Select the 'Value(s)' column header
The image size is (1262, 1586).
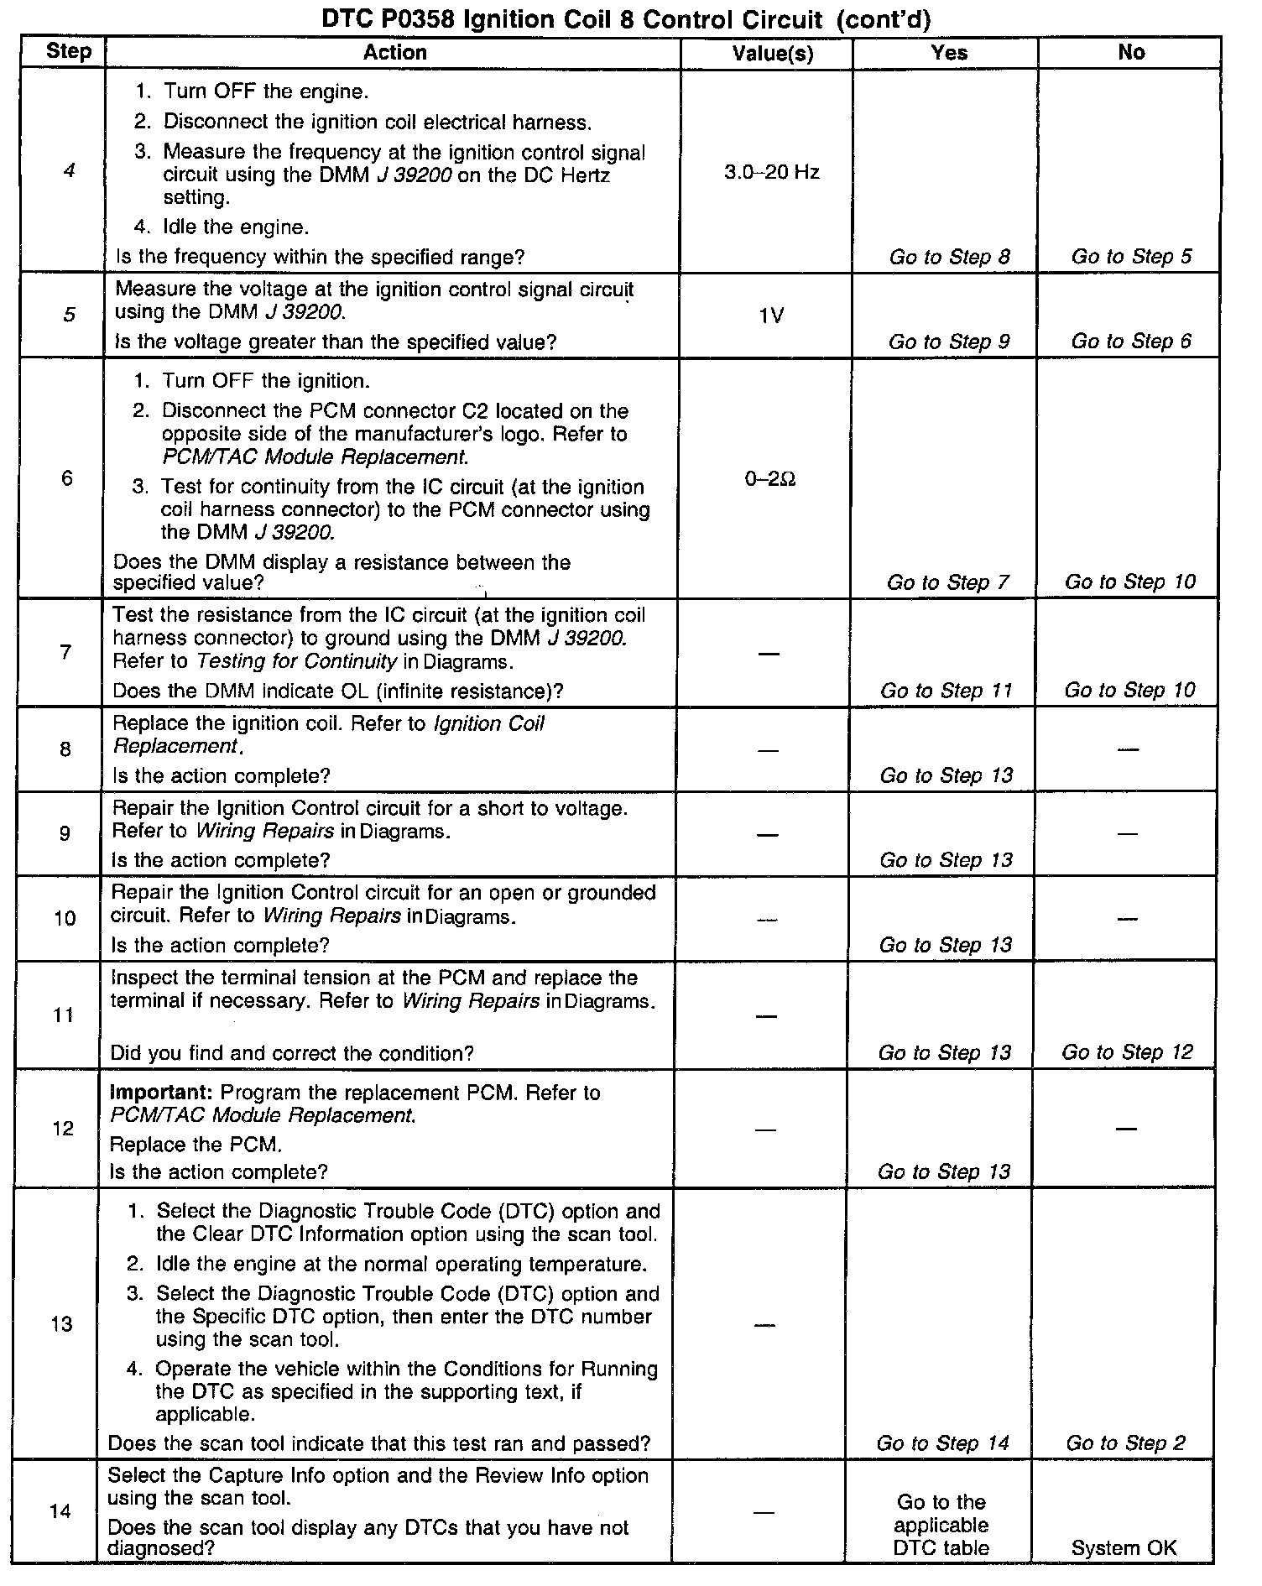click(x=772, y=53)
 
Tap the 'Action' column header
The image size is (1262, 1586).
click(x=394, y=52)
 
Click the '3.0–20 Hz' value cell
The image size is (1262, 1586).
click(x=771, y=173)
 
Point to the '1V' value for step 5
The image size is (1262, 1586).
click(x=771, y=316)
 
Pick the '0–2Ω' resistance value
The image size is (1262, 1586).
click(x=769, y=479)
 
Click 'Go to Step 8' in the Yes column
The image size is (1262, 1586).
click(x=949, y=257)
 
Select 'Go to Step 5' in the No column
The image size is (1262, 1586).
click(x=1131, y=257)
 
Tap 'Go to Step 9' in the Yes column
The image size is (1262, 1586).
click(x=949, y=342)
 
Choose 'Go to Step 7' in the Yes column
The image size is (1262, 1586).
click(x=947, y=582)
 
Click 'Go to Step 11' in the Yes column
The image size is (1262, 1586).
click(x=946, y=691)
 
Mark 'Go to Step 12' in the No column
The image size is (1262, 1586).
click(x=1127, y=1052)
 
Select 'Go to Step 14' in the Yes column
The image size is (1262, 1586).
click(x=942, y=1443)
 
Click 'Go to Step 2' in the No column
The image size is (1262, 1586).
click(x=1125, y=1443)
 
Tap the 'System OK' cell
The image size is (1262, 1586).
click(x=1124, y=1548)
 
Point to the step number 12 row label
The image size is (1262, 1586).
click(x=64, y=1128)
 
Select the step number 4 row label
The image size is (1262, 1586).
click(x=69, y=171)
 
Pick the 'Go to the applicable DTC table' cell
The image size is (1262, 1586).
click(x=941, y=1525)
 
